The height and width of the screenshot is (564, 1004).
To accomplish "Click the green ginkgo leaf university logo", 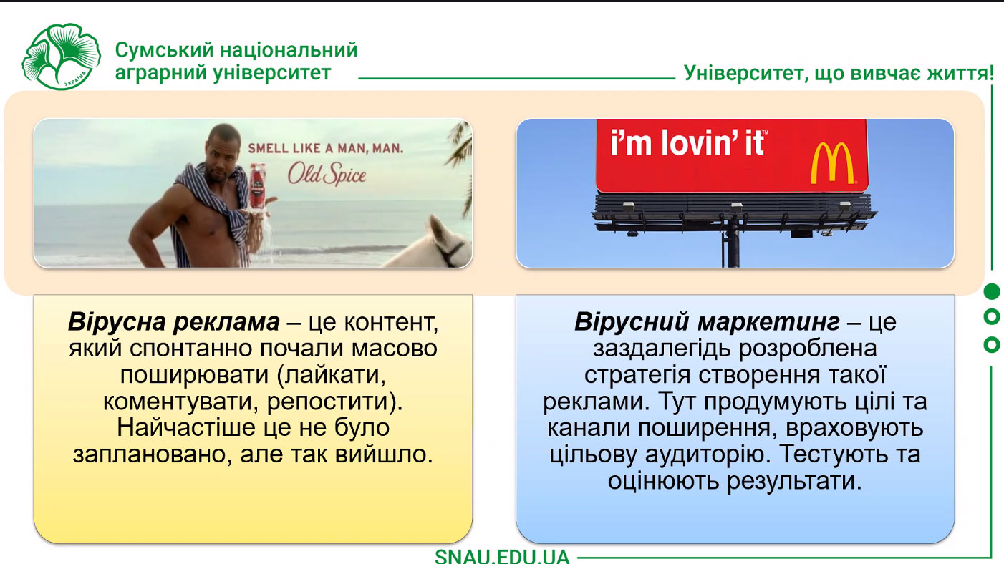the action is (62, 57).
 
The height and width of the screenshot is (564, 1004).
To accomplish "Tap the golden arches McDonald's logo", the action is (832, 163).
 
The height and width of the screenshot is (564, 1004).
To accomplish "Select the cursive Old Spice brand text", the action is (327, 174).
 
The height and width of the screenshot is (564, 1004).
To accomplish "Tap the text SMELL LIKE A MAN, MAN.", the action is (326, 148).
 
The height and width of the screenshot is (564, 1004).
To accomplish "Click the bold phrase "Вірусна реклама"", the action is (173, 321).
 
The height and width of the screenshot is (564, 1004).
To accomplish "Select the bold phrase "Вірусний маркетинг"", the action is (708, 321).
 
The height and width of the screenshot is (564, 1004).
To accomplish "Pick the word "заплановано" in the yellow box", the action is (153, 454).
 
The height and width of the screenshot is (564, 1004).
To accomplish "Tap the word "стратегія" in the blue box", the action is (637, 375).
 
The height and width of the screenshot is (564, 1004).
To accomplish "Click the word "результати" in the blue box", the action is (794, 482).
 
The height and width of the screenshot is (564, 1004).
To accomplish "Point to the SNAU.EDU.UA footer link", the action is (502, 556).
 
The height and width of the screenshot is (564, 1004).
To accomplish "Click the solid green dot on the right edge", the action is (991, 291).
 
